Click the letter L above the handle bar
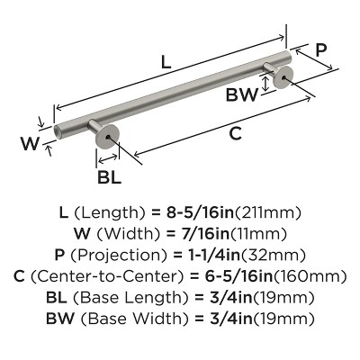(165, 62)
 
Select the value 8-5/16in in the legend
(206, 213)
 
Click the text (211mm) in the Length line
(268, 213)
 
